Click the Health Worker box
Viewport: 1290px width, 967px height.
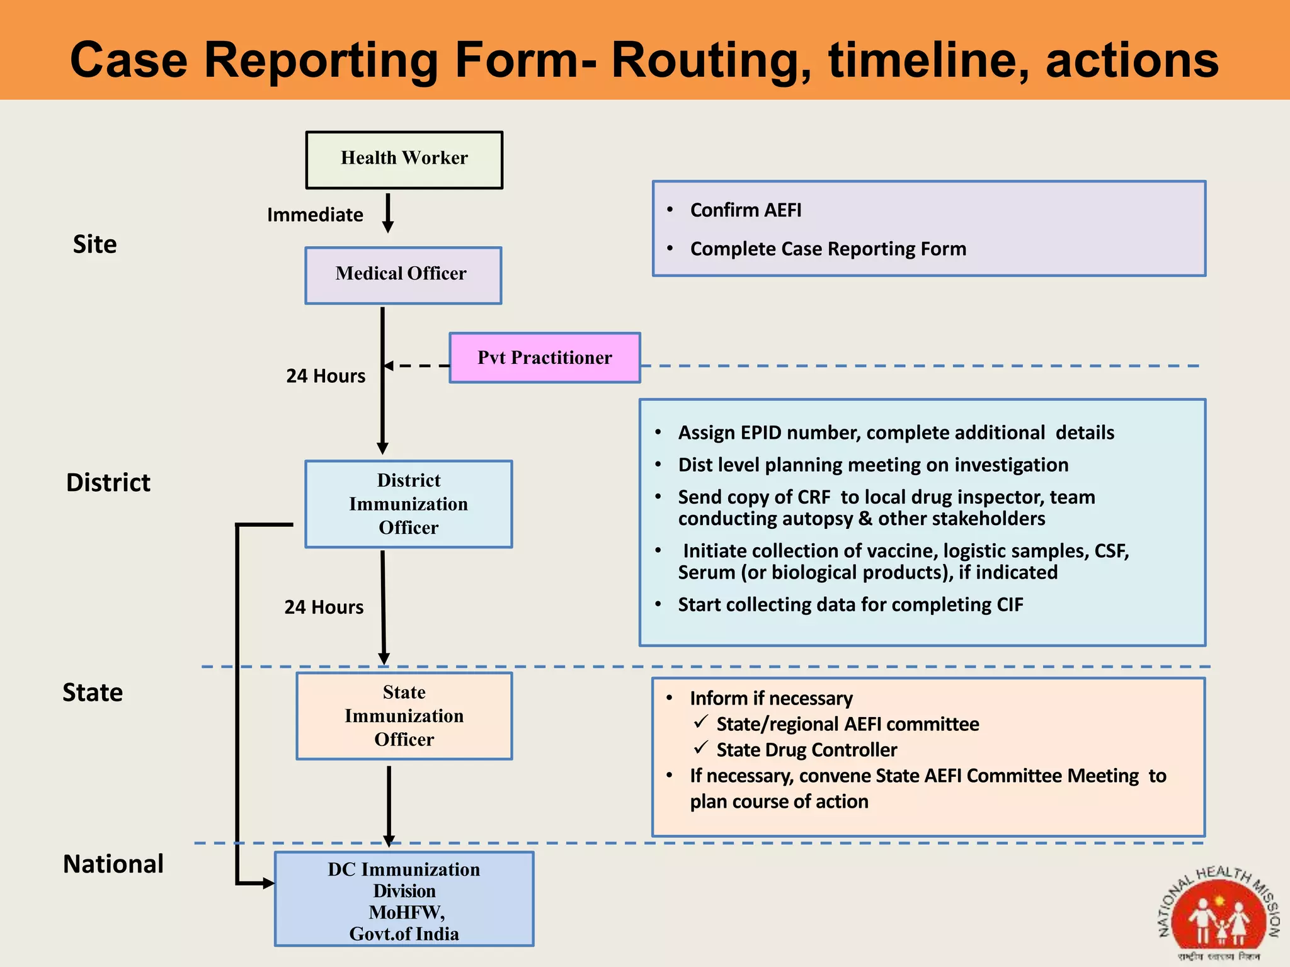click(x=404, y=160)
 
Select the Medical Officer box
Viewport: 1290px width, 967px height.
click(x=403, y=275)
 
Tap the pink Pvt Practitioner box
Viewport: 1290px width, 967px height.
click(x=545, y=358)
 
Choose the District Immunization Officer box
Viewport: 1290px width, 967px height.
click(x=408, y=504)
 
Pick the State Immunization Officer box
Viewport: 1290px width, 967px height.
click(x=404, y=716)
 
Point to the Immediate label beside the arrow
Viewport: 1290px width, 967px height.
click(x=315, y=215)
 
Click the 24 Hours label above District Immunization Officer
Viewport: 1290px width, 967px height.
click(x=326, y=376)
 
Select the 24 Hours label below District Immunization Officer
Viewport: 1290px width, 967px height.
click(x=324, y=607)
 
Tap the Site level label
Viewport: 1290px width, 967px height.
click(x=94, y=244)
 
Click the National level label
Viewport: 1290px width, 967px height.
click(x=113, y=864)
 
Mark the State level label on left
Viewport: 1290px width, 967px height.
click(x=93, y=693)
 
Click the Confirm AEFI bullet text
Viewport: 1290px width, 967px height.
click(x=746, y=210)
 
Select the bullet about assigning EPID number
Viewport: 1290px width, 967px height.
click(x=896, y=433)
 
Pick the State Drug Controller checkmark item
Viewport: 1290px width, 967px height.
click(x=806, y=750)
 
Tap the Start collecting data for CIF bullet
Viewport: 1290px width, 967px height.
click(x=850, y=604)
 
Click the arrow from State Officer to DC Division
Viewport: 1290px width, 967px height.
click(x=389, y=806)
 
